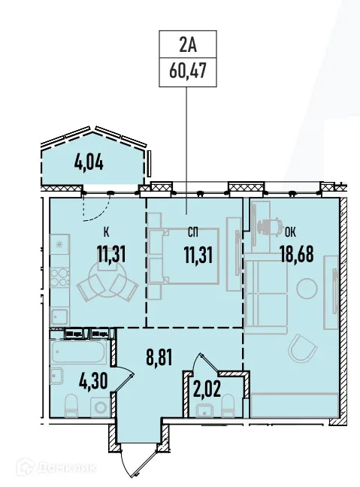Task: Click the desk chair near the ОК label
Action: pyautogui.click(x=269, y=224)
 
